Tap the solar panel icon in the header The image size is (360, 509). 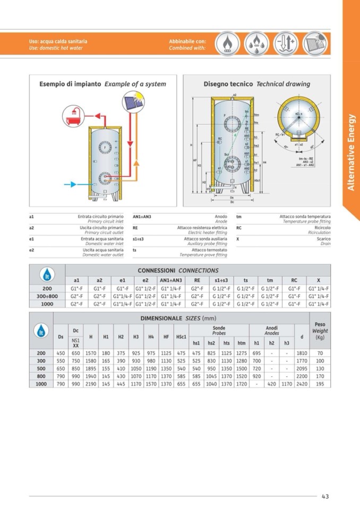[x=315, y=44]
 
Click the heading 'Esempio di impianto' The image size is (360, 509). [x=71, y=84]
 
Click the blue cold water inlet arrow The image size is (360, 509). [x=71, y=185]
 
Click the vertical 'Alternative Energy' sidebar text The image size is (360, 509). [x=350, y=151]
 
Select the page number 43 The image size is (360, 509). [x=325, y=496]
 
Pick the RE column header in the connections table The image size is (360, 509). [x=197, y=280]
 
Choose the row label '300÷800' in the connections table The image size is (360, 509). [x=47, y=296]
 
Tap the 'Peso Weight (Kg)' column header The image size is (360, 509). [x=320, y=330]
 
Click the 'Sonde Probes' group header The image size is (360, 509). [x=219, y=330]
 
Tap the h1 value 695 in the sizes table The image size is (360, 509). [x=256, y=353]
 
